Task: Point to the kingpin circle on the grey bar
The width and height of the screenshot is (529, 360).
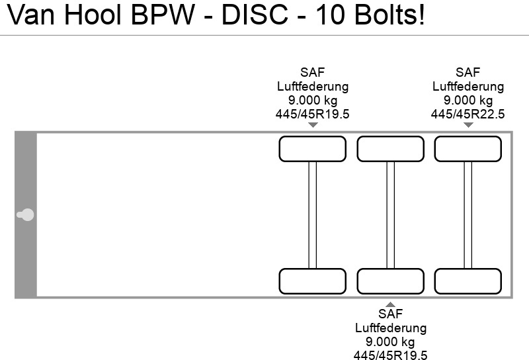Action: pos(27,214)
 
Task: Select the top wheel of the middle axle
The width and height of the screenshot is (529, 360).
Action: pos(390,149)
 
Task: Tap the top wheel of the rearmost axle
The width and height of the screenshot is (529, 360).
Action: pos(468,149)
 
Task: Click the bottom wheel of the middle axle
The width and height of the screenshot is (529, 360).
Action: pos(390,281)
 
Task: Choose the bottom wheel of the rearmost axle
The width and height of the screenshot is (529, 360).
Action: pos(468,281)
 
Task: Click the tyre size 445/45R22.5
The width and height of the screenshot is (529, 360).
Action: pos(468,114)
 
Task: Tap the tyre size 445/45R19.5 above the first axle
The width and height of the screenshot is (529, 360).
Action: pos(312,114)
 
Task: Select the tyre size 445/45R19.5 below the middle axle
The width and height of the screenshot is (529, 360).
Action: pos(390,355)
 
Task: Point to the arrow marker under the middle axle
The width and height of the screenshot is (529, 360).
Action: pos(390,302)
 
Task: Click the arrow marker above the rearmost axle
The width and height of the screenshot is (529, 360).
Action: pos(468,126)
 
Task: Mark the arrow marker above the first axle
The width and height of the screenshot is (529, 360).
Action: pos(312,126)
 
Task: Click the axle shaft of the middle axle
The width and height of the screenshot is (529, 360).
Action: pos(390,215)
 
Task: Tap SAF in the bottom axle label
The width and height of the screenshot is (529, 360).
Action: pos(390,314)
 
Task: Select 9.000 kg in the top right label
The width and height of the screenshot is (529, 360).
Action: pos(468,100)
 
